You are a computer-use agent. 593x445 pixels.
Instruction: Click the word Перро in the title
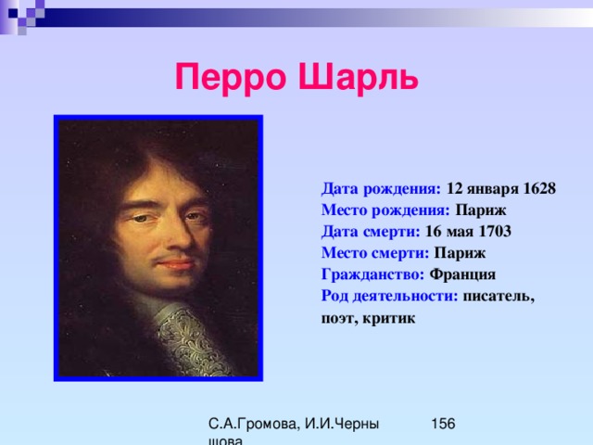pyautogui.click(x=231, y=78)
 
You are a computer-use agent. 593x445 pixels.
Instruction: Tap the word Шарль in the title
pyautogui.click(x=359, y=77)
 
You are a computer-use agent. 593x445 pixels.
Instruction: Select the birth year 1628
pyautogui.click(x=539, y=188)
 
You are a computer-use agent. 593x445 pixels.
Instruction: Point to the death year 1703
pyautogui.click(x=495, y=231)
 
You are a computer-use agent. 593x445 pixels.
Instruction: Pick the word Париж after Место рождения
pyautogui.click(x=480, y=210)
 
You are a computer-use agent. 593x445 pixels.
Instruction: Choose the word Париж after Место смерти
pyautogui.click(x=460, y=253)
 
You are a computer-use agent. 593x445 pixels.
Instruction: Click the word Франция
pyautogui.click(x=462, y=274)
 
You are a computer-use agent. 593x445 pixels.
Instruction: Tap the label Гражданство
pyautogui.click(x=372, y=274)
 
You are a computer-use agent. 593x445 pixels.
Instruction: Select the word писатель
pyautogui.click(x=498, y=297)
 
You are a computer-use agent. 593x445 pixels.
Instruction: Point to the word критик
pyautogui.click(x=389, y=318)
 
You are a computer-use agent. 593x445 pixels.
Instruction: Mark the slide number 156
pyautogui.click(x=443, y=424)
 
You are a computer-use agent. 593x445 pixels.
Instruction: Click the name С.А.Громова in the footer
pyautogui.click(x=252, y=425)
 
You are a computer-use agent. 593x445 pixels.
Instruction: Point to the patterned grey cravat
pyautogui.click(x=189, y=341)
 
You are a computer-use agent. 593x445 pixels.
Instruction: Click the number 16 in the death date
pyautogui.click(x=433, y=231)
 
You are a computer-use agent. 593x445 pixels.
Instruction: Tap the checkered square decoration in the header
pyautogui.click(x=22, y=16)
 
